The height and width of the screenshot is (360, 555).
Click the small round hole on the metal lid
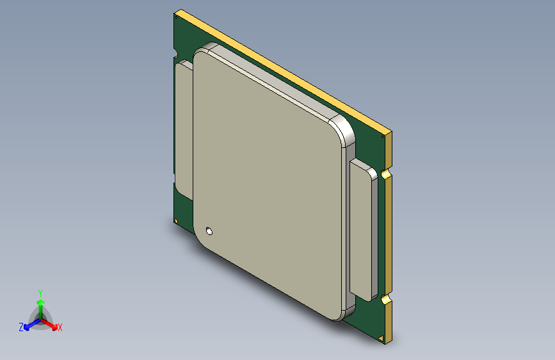click(x=209, y=231)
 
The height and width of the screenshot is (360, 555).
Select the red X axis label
click(x=60, y=328)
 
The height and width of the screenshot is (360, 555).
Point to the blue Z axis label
click(x=21, y=327)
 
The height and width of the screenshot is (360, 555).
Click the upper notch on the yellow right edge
click(x=385, y=174)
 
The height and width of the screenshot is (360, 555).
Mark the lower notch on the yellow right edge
click(x=385, y=299)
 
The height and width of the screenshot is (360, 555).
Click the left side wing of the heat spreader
click(x=184, y=128)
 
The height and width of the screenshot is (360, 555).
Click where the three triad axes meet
click(x=40, y=318)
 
